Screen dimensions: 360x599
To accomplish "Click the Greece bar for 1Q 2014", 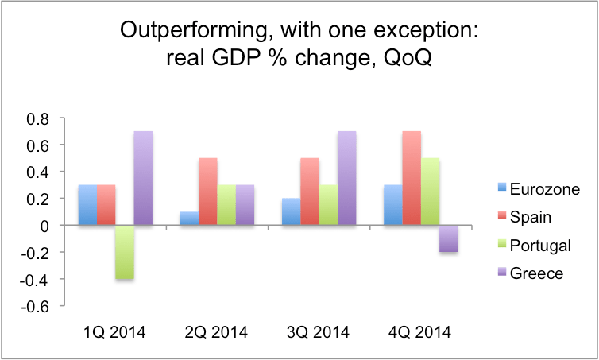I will pos(143,179).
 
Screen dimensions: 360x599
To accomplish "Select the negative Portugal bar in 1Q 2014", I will pos(124,253).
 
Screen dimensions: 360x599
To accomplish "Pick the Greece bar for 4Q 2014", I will pos(449,239).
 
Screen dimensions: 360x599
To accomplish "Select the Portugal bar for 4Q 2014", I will pos(430,192).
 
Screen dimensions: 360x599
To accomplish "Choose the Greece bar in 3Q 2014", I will pos(347,179).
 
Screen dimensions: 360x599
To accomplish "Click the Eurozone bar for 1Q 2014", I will pos(87,206).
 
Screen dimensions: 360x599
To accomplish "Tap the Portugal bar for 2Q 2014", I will pos(226,206).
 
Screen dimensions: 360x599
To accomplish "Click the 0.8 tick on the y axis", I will pos(39,118).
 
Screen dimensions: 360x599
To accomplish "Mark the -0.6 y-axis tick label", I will pos(37,307).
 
